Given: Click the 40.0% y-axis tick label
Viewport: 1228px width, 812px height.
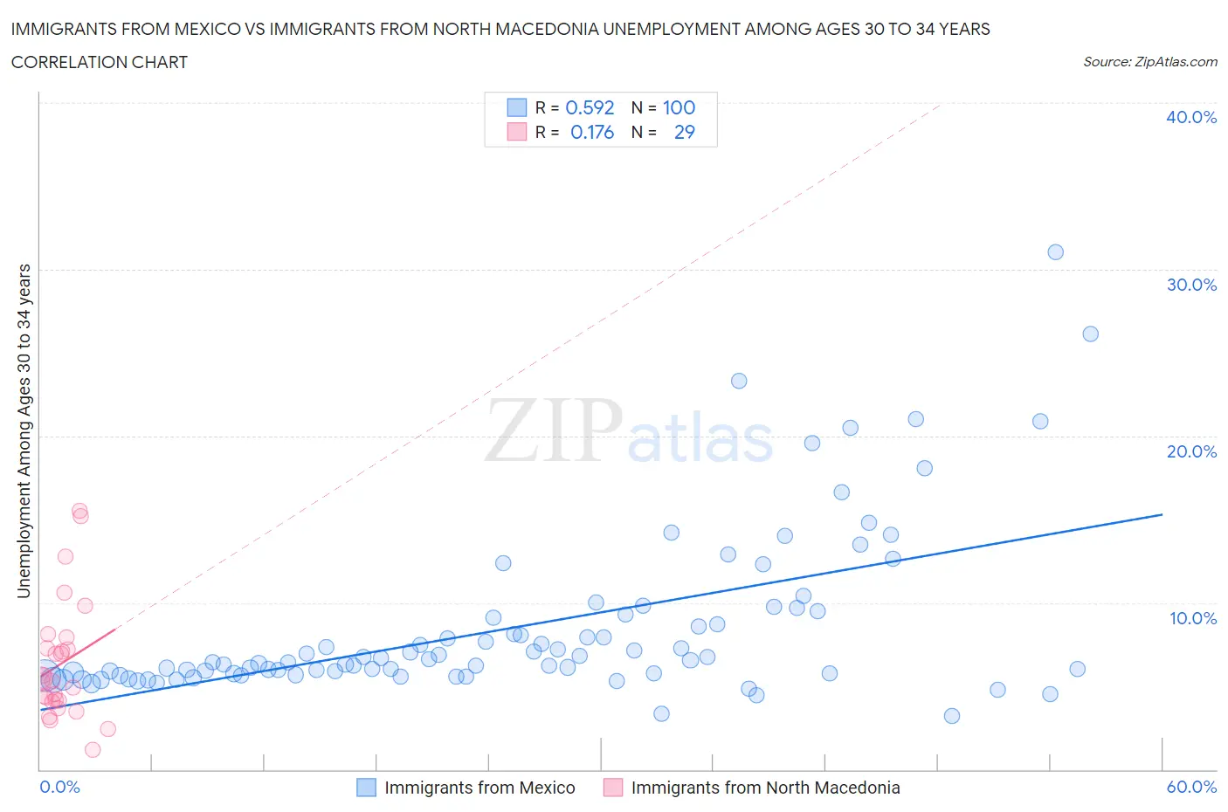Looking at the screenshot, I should pyautogui.click(x=1190, y=117).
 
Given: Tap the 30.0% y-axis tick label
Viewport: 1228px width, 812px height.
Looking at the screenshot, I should pyautogui.click(x=1190, y=285).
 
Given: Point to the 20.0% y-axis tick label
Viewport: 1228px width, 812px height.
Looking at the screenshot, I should pyautogui.click(x=1190, y=451).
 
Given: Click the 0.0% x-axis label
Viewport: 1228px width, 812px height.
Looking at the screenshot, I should pyautogui.click(x=59, y=787).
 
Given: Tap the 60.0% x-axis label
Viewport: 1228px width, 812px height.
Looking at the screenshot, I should pyautogui.click(x=1191, y=787).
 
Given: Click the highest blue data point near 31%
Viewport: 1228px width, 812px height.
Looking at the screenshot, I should pyautogui.click(x=1055, y=252).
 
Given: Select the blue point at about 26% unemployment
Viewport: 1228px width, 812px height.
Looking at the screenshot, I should pyautogui.click(x=1090, y=334).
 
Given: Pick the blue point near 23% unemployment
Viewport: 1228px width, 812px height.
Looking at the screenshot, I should pyautogui.click(x=739, y=381).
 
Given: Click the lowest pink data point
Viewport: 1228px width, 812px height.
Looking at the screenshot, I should pyautogui.click(x=93, y=749).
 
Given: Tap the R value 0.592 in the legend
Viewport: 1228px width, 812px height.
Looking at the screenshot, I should pyautogui.click(x=590, y=107).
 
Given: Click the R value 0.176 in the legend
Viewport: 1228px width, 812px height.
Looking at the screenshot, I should pyautogui.click(x=591, y=132).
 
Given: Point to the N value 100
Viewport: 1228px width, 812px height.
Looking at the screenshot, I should pyautogui.click(x=679, y=107).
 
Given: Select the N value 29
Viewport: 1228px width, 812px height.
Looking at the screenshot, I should pyautogui.click(x=684, y=132).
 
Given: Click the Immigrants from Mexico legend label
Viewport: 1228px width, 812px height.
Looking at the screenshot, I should pyautogui.click(x=479, y=788).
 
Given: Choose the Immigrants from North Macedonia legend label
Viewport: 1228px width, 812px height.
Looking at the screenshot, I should pyautogui.click(x=765, y=788).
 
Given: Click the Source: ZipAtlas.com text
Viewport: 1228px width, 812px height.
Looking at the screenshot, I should pyautogui.click(x=1149, y=62).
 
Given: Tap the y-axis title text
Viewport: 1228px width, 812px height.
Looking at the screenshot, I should pyautogui.click(x=24, y=430).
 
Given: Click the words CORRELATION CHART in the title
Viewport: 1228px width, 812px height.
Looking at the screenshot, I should pyautogui.click(x=100, y=62).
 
